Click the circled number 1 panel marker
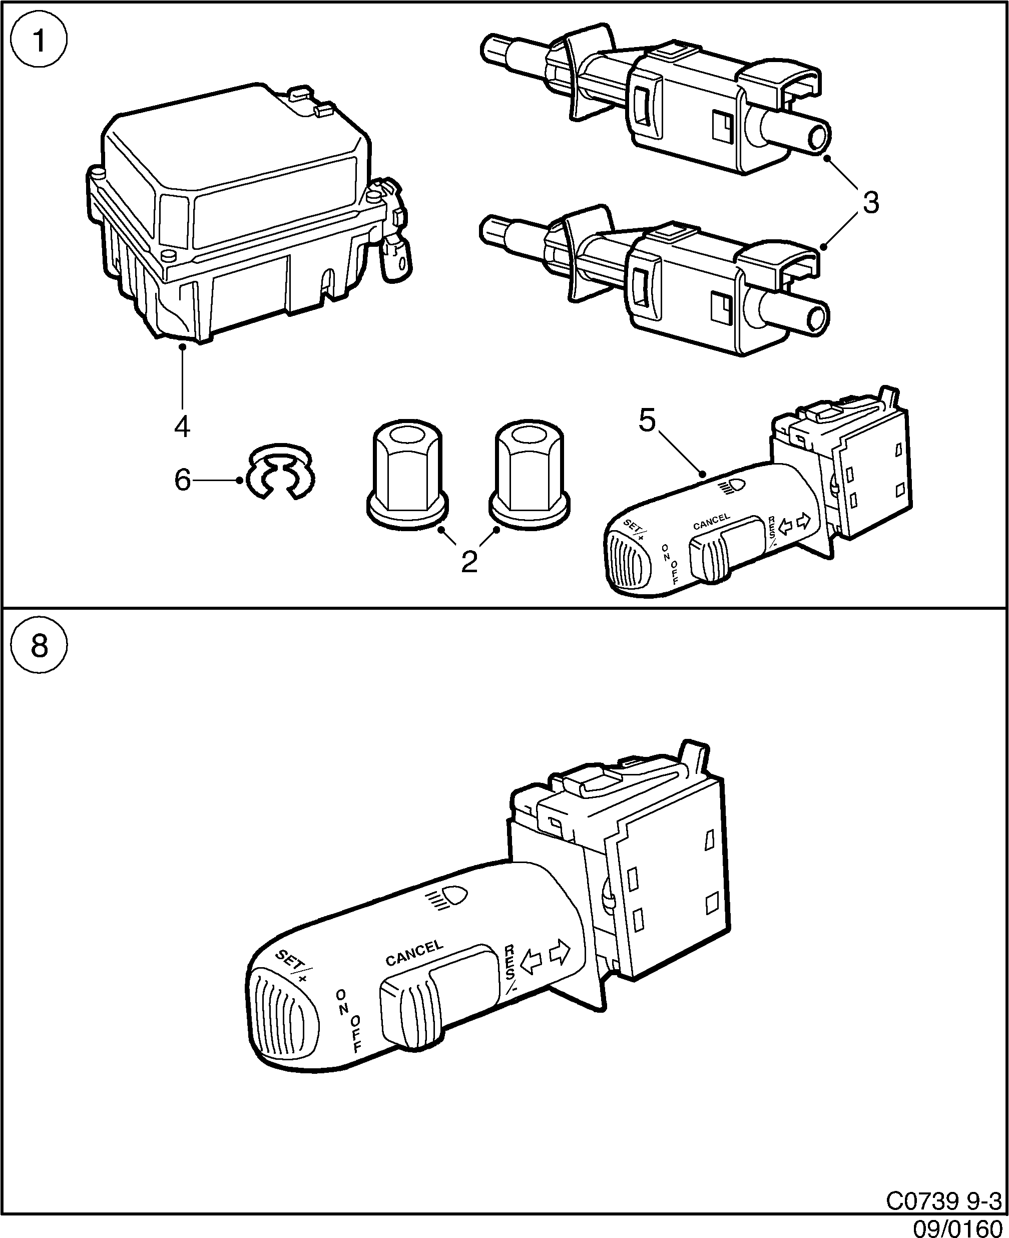pyautogui.click(x=39, y=40)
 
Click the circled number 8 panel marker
pyautogui.click(x=39, y=646)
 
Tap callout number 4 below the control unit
pyautogui.click(x=182, y=427)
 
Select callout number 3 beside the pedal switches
pyautogui.click(x=870, y=203)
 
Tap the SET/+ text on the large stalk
pyautogui.click(x=293, y=967)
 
